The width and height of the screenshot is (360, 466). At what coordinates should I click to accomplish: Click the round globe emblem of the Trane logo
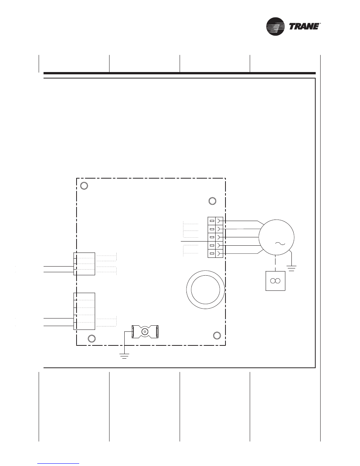[275, 27]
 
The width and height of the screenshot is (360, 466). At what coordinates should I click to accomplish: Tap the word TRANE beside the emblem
[304, 27]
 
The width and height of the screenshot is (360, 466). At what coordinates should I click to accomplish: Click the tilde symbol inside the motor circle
[280, 243]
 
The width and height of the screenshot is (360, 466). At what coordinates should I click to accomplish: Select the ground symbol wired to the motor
[291, 268]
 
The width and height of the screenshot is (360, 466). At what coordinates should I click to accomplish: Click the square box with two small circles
[275, 281]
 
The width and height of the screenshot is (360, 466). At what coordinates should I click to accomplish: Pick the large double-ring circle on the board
[205, 290]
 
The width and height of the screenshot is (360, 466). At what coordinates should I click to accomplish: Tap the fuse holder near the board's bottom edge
[145, 332]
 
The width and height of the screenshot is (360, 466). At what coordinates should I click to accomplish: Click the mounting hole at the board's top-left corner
[84, 186]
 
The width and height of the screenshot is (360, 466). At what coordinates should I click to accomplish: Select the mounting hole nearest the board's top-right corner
[212, 201]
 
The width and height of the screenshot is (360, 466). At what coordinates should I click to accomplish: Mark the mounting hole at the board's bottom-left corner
[92, 338]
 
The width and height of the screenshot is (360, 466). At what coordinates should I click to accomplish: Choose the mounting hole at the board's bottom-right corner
[217, 336]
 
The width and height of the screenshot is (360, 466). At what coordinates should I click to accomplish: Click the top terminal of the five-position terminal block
[215, 221]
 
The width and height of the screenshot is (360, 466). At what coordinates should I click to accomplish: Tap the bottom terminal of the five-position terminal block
[215, 254]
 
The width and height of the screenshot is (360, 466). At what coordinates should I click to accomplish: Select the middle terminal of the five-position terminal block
[215, 237]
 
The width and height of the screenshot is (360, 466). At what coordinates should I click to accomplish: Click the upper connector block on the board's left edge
[84, 264]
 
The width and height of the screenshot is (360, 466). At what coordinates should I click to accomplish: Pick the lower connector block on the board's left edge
[84, 311]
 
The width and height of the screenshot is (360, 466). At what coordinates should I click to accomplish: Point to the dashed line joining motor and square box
[275, 264]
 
